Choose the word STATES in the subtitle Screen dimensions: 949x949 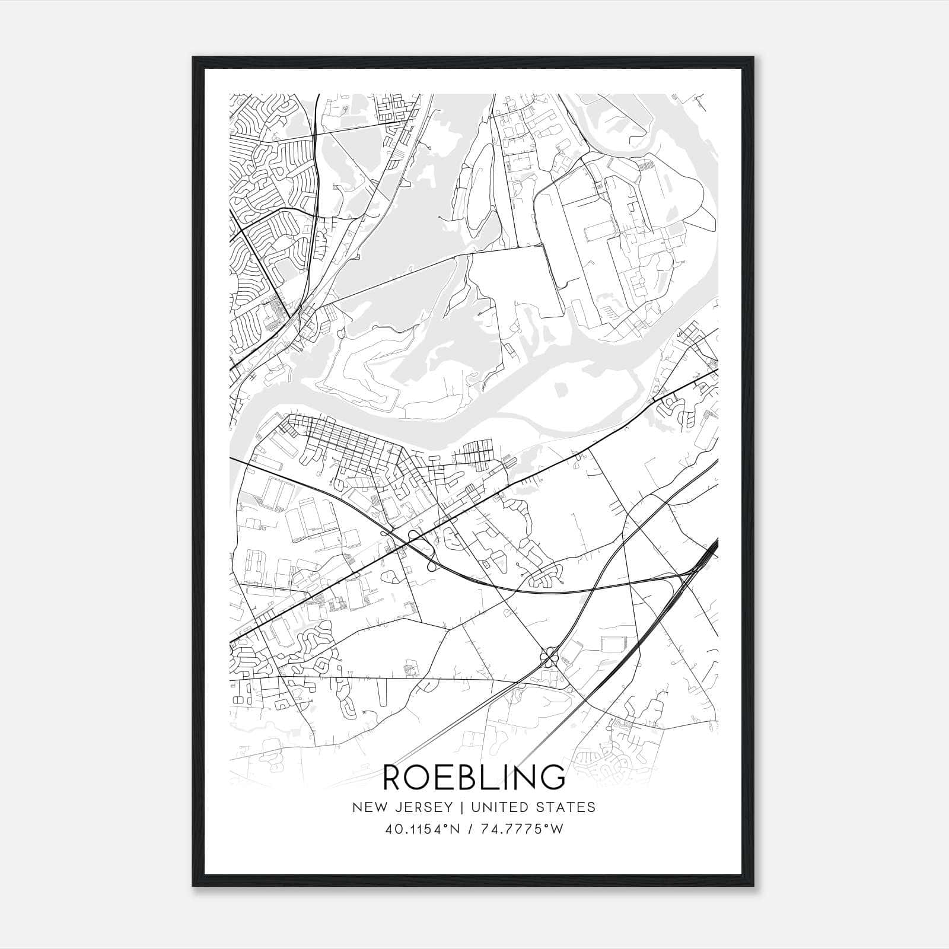pos(568,807)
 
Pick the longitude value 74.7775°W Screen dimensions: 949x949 pos(522,829)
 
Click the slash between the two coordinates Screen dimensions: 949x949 pos(470,829)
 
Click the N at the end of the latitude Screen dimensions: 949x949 pos(456,829)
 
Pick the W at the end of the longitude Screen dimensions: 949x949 pos(557,829)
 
